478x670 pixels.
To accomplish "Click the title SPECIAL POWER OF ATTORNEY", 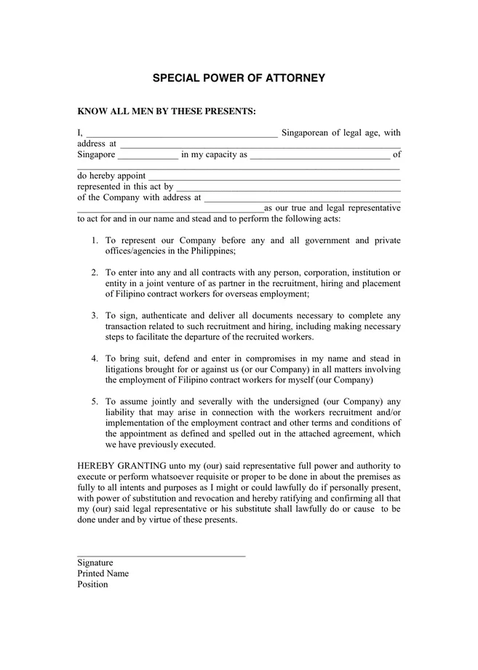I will tap(239, 78).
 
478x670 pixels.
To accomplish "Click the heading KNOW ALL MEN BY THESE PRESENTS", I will tap(167, 111).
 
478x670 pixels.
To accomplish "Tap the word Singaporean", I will tap(306, 133).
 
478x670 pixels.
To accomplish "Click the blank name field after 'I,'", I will tap(181, 134).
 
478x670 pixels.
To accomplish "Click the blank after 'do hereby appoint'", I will tap(274, 177).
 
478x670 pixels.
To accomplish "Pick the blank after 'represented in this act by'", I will tap(287, 188).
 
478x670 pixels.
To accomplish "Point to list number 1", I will tap(95, 240).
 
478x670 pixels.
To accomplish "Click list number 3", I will tap(95, 315).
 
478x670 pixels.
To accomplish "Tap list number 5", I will tap(95, 401).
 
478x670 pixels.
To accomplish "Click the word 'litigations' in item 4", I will tap(127, 369).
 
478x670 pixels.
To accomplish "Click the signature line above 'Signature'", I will tap(161, 556).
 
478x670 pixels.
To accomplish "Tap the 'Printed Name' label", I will tap(103, 574).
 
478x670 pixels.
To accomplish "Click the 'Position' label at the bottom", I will tap(92, 585).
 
